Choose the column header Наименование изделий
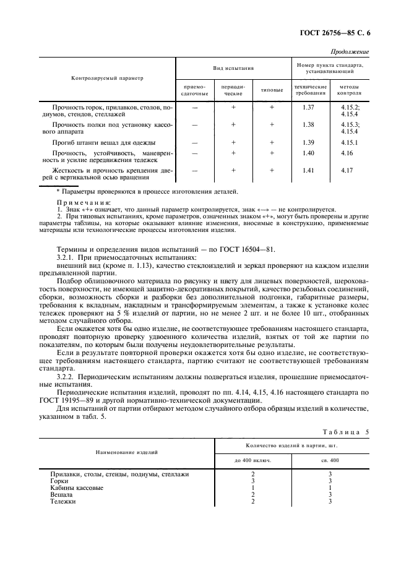click(126, 452)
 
